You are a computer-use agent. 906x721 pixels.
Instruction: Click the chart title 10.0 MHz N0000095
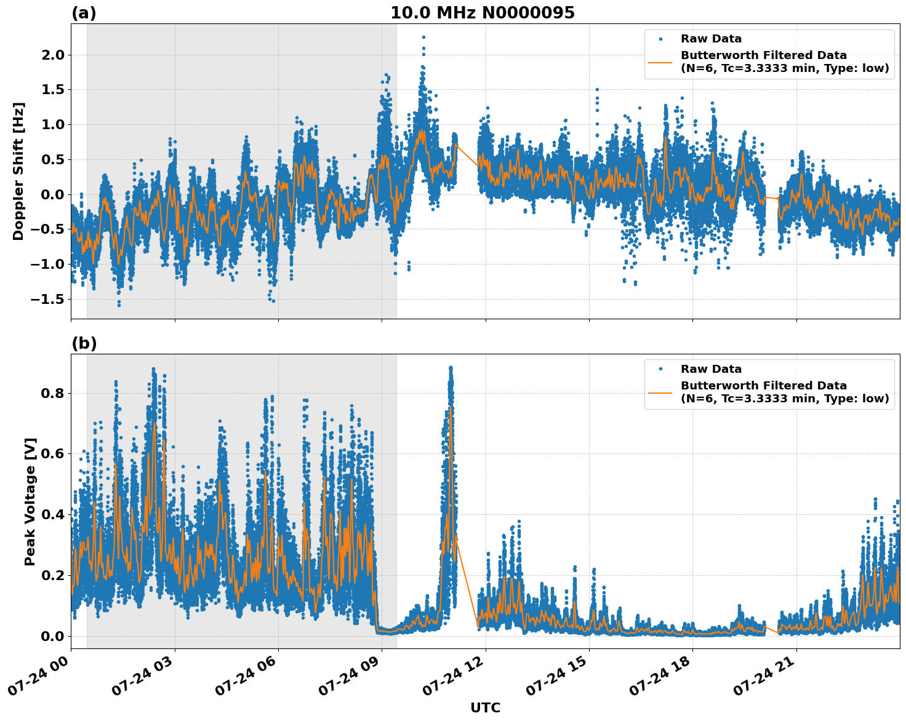pyautogui.click(x=482, y=13)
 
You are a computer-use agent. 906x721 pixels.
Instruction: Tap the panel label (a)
pyautogui.click(x=84, y=13)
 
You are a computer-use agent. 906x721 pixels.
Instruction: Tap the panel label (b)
pyautogui.click(x=84, y=343)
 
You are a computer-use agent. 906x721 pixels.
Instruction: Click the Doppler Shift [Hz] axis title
pyautogui.click(x=18, y=171)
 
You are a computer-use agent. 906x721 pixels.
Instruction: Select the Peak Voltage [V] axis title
pyautogui.click(x=30, y=501)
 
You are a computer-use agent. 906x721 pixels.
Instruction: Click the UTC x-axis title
pyautogui.click(x=485, y=708)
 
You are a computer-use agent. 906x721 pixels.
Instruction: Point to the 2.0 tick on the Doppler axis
pyautogui.click(x=52, y=55)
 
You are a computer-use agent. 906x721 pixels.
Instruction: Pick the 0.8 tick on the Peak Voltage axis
pyautogui.click(x=52, y=393)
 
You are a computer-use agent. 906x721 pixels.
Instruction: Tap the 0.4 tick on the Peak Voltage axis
pyautogui.click(x=52, y=514)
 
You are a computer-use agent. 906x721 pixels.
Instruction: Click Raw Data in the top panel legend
pyautogui.click(x=711, y=39)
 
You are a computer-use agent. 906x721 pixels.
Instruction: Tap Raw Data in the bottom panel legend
pyautogui.click(x=711, y=369)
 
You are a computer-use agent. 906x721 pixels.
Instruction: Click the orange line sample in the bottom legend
pyautogui.click(x=660, y=392)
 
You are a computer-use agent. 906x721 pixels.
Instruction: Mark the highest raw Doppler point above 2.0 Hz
pyautogui.click(x=423, y=37)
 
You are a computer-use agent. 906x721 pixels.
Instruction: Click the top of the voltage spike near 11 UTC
pyautogui.click(x=451, y=368)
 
